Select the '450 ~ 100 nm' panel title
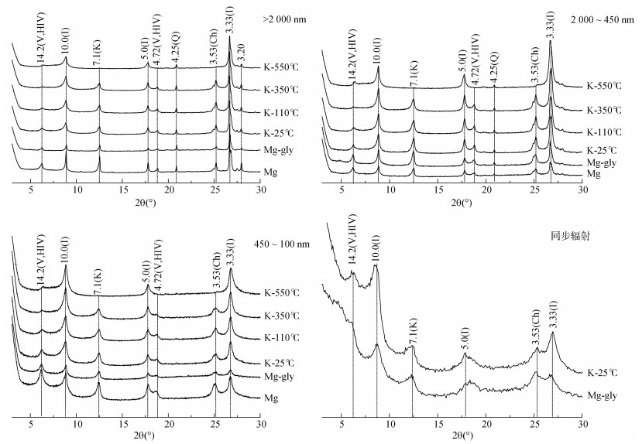(283, 244)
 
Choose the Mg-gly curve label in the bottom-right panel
(602, 394)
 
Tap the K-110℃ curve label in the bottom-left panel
(282, 337)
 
